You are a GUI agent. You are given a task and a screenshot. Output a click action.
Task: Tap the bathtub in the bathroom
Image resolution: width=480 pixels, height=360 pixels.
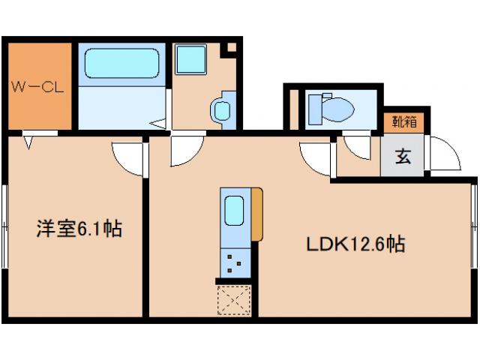point(121,64)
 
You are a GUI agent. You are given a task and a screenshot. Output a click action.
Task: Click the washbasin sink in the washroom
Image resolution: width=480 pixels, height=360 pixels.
point(222,111)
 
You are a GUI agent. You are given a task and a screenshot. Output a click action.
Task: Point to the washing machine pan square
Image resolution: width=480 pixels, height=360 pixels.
point(192,60)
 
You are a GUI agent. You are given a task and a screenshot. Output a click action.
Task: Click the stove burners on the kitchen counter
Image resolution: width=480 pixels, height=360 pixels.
point(234,262)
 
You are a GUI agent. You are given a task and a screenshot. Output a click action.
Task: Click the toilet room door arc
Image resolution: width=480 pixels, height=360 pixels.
point(358,147)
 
